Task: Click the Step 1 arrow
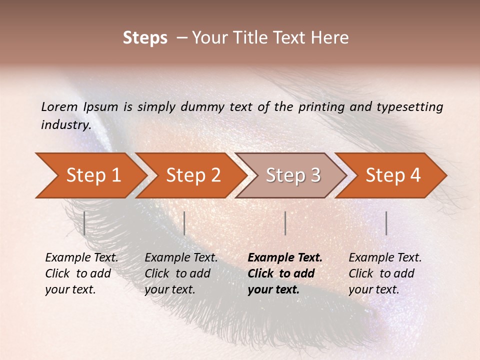(93, 175)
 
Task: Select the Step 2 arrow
(193, 175)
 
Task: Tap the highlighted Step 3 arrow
(293, 175)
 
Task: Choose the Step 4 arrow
(393, 175)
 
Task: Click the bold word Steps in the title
(145, 38)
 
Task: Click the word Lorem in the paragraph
(59, 106)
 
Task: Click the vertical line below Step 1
(84, 223)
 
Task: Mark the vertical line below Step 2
(184, 223)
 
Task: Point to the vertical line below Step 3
(285, 223)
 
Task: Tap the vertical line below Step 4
(386, 223)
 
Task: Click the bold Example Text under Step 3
(285, 258)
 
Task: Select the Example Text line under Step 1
(81, 258)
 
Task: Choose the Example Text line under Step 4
(385, 258)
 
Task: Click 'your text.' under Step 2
(169, 289)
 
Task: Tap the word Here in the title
(330, 38)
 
